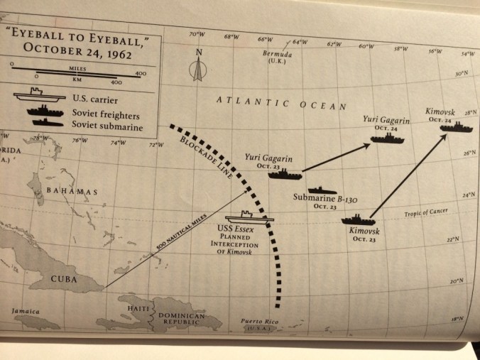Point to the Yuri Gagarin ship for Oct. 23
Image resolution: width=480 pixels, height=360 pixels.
(x=283, y=173)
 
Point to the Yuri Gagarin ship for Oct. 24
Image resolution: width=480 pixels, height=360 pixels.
(x=388, y=137)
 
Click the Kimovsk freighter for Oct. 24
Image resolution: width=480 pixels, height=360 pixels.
(x=454, y=127)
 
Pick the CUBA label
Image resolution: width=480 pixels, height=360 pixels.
(x=64, y=278)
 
